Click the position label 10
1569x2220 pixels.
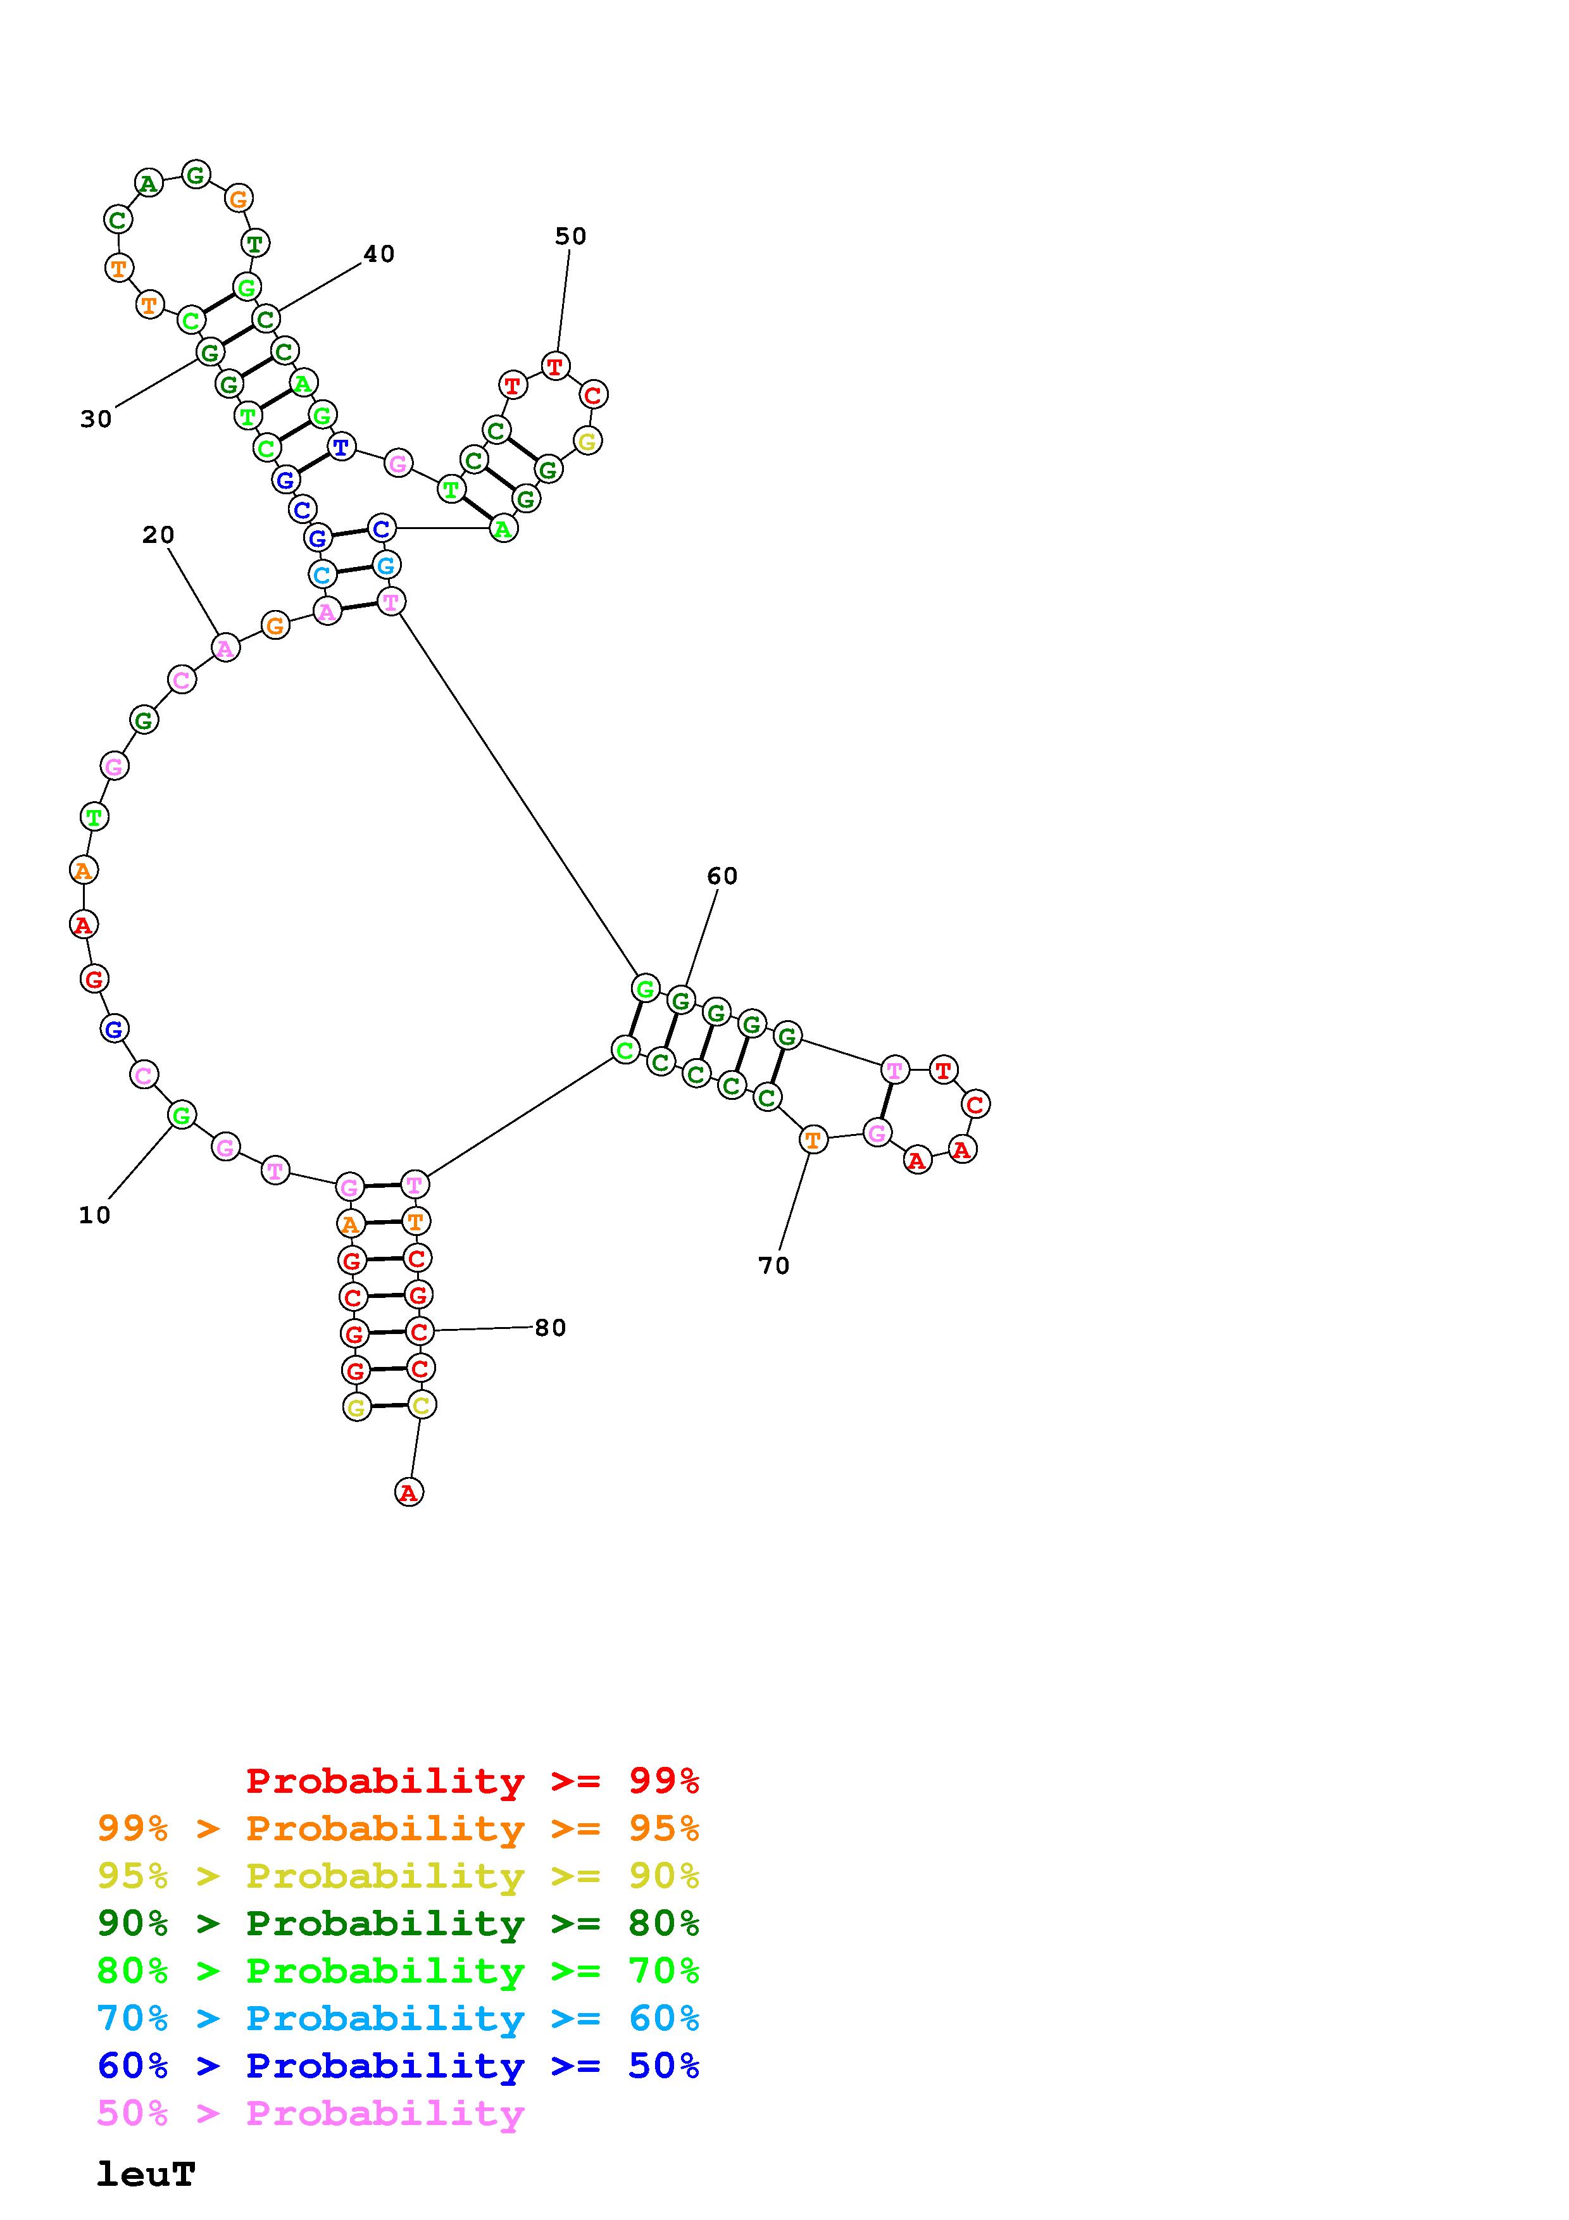pyautogui.click(x=95, y=1216)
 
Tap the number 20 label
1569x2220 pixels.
pyautogui.click(x=158, y=535)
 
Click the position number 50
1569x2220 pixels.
pyautogui.click(x=570, y=236)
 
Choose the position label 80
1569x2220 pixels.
pyautogui.click(x=550, y=1328)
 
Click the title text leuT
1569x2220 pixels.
pyautogui.click(x=146, y=2174)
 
